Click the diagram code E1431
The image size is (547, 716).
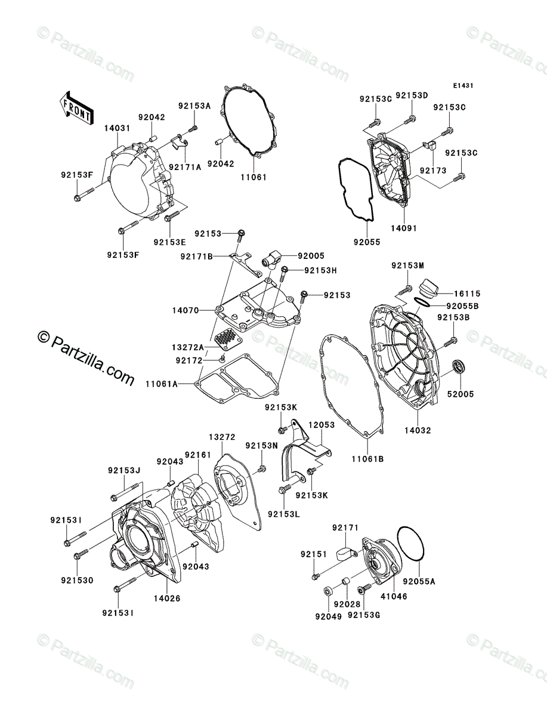coord(462,86)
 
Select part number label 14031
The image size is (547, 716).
coord(116,128)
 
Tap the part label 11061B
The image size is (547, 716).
coord(367,459)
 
